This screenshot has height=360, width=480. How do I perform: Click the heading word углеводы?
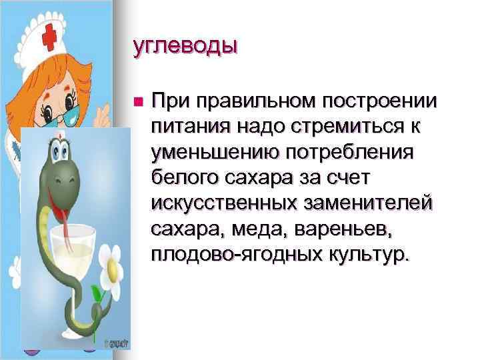(185, 47)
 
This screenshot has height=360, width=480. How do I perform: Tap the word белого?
(182, 178)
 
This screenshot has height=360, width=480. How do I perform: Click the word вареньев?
(339, 229)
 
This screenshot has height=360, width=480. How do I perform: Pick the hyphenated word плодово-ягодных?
(228, 255)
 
